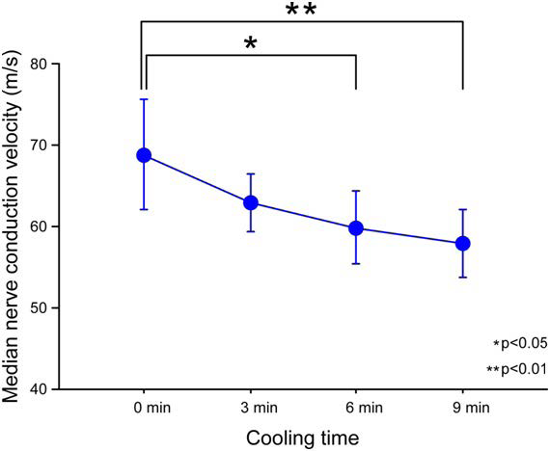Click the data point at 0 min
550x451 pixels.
click(144, 155)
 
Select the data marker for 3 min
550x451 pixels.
click(250, 202)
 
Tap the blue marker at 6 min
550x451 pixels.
click(356, 228)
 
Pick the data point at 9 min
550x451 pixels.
click(462, 243)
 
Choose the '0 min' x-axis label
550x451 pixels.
click(145, 409)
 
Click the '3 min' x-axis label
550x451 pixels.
click(251, 409)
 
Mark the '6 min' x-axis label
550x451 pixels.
click(357, 409)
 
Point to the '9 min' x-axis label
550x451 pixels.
click(463, 409)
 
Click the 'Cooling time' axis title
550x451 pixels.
click(303, 438)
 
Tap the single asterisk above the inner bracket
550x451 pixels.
click(250, 44)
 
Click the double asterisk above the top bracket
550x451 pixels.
click(302, 12)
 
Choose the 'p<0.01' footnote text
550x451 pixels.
click(518, 368)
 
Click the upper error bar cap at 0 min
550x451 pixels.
click(144, 99)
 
